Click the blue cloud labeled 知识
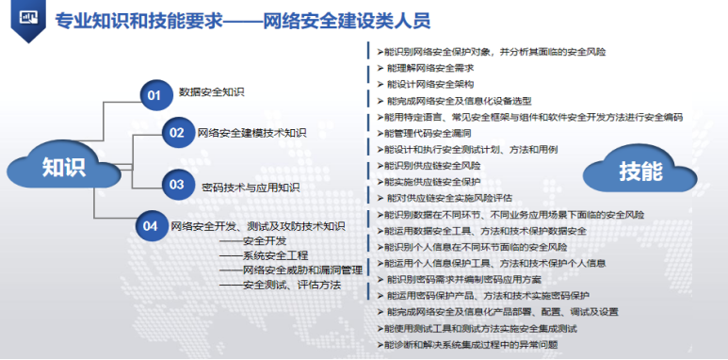coord(64,167)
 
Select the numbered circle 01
coord(154,93)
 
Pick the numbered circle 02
coord(176,133)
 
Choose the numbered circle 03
coord(176,185)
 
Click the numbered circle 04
coord(150,226)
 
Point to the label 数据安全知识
coord(212,92)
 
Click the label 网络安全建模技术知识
coord(251,133)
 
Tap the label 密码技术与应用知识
coord(251,187)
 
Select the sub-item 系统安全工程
coord(275,255)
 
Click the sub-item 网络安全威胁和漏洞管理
coord(301,270)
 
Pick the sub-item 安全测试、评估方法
coord(291,285)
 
